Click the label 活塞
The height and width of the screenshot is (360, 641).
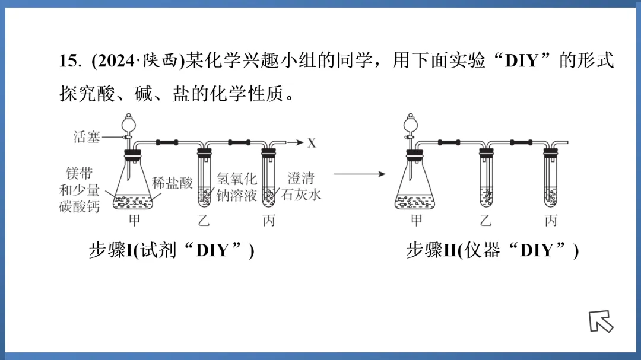[x=87, y=138]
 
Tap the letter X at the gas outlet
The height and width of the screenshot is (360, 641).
[x=311, y=143]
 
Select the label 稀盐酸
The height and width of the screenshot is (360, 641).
[x=172, y=183]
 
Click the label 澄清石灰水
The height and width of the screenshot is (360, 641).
[x=301, y=186]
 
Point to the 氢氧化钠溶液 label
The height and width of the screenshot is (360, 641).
[x=236, y=186]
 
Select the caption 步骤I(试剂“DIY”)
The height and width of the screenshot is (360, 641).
[x=172, y=250]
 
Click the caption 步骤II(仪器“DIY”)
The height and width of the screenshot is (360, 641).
[x=492, y=250]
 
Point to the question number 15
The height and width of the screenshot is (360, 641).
[x=69, y=61]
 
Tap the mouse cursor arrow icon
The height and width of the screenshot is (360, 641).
[x=600, y=321]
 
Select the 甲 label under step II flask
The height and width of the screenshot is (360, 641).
[x=417, y=221]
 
